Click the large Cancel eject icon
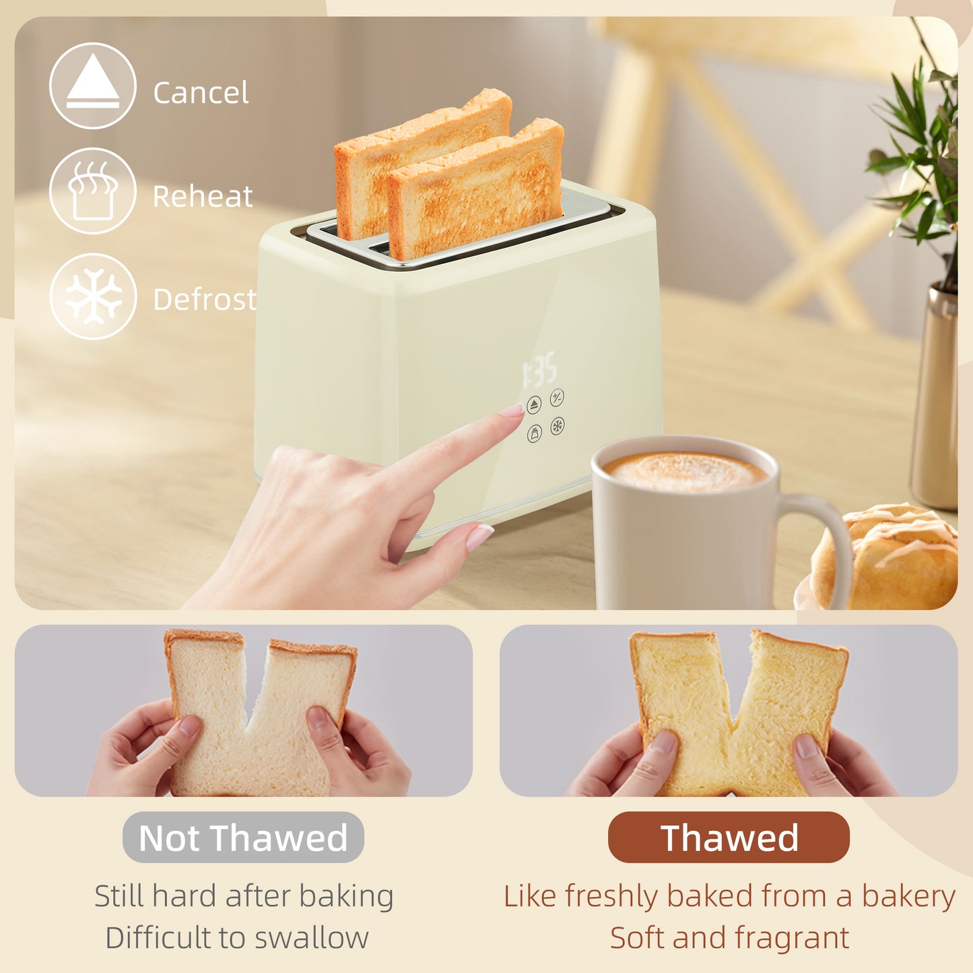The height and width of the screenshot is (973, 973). [x=93, y=86]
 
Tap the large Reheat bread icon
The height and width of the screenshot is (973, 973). [x=93, y=191]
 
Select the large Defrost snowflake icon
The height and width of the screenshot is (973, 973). [x=93, y=296]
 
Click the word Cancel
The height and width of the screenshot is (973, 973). [x=201, y=92]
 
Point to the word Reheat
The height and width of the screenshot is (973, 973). [x=203, y=197]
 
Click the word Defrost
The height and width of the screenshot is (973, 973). [x=205, y=300]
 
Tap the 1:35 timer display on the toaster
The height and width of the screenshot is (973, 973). [x=539, y=369]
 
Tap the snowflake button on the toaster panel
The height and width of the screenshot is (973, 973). [x=558, y=426]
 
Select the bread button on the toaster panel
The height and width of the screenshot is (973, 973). [x=535, y=434]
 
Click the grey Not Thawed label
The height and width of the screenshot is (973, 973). [x=243, y=838]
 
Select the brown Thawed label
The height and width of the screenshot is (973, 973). [x=729, y=838]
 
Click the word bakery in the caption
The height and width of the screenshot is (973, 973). [x=908, y=897]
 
